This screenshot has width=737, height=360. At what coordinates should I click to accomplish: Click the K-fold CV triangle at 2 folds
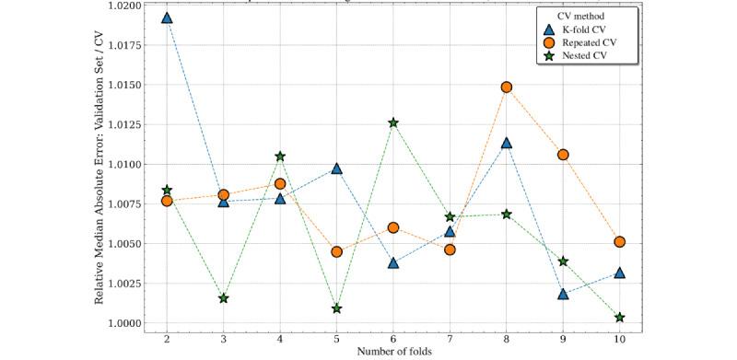[167, 17]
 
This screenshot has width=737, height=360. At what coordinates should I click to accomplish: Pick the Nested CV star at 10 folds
[620, 318]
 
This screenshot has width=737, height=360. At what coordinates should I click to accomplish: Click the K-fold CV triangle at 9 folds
[563, 294]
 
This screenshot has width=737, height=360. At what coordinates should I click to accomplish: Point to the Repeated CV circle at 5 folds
[337, 251]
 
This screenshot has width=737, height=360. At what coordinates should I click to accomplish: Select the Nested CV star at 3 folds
[224, 298]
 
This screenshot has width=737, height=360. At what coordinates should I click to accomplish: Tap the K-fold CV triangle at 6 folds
[393, 262]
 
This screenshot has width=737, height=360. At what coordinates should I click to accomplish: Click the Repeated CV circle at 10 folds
[620, 242]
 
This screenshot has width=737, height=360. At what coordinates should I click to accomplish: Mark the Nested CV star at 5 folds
[337, 308]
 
